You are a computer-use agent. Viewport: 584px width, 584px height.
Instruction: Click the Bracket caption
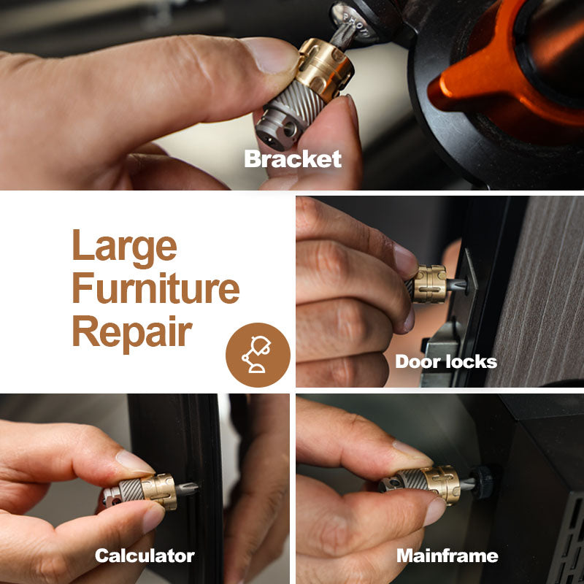[x=293, y=159]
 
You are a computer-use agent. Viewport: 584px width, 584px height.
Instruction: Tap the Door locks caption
[x=446, y=361]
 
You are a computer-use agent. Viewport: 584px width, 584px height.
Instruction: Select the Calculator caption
[x=145, y=556]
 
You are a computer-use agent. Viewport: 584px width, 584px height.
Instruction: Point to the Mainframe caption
[x=447, y=556]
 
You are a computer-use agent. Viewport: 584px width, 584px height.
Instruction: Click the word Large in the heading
[x=124, y=247]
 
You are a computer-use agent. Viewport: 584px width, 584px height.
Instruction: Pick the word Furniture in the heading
[x=155, y=288]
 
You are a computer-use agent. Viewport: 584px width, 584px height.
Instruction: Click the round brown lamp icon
[x=258, y=355]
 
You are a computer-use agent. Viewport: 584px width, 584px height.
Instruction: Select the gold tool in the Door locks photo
[x=429, y=284]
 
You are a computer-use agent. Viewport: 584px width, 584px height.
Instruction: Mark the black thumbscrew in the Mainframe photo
[x=483, y=483]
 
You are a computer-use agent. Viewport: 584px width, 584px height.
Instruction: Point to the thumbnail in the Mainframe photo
[x=412, y=453]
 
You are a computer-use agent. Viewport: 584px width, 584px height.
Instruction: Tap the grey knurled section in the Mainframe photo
[x=411, y=480]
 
